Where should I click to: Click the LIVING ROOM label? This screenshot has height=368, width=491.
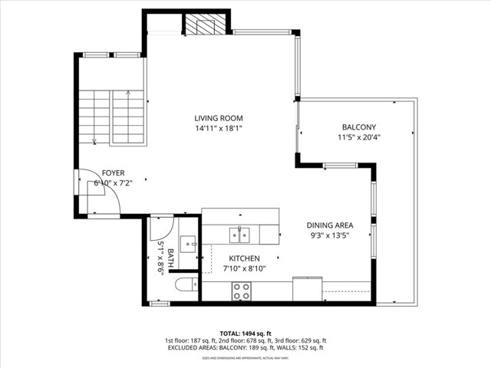coord(219,118)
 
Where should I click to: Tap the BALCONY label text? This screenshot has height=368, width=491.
coord(359,127)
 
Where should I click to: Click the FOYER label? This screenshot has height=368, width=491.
coord(113,173)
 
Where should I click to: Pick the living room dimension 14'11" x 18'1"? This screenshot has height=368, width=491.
coord(219,129)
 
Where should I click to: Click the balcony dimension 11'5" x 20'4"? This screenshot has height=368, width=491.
coord(359,138)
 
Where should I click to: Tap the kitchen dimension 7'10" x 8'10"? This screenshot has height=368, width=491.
coord(245,268)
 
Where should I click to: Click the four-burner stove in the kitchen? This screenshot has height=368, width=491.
coord(242,291)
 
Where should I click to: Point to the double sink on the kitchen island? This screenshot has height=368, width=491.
coord(240,234)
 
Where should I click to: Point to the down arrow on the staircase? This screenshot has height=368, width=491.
coord(94,140)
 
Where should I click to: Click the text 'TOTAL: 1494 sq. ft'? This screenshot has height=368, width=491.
coord(245,333)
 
